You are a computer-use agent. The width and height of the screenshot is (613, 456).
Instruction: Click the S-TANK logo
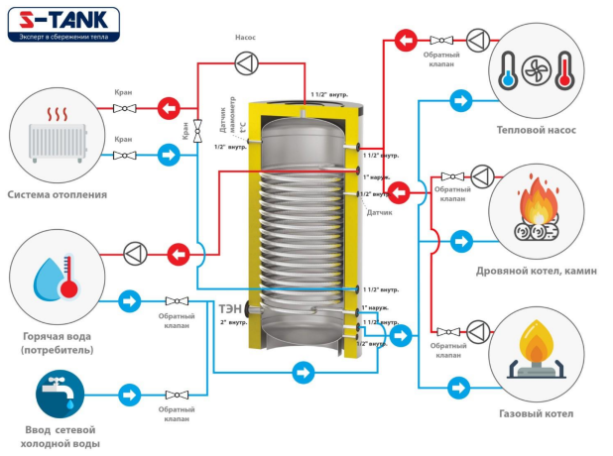pyautogui.click(x=61, y=23)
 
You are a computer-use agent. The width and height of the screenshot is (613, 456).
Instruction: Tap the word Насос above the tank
pyautogui.click(x=245, y=38)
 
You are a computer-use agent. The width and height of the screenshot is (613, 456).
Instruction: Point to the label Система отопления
pyautogui.click(x=57, y=194)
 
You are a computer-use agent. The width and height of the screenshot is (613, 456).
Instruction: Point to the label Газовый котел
pyautogui.click(x=536, y=413)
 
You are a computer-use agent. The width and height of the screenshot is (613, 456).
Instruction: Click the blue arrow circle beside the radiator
pyautogui.click(x=170, y=155)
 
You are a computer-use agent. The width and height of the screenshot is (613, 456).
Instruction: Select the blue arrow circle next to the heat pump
pyautogui.click(x=460, y=101)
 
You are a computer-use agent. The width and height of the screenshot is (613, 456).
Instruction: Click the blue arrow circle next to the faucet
pyautogui.click(x=129, y=395)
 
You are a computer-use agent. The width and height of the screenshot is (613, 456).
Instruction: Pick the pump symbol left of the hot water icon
pyautogui.click(x=135, y=252)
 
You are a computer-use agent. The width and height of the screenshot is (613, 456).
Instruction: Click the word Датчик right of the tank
pyautogui.click(x=380, y=212)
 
